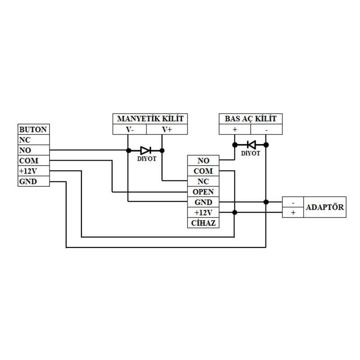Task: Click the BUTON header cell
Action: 33,130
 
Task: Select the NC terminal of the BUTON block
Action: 33,140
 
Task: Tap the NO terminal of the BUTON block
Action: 33,150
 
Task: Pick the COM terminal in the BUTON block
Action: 33,161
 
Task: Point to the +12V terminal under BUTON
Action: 33,171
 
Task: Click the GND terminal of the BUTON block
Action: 33,181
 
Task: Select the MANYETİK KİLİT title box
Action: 150,119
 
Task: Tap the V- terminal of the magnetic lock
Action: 130,130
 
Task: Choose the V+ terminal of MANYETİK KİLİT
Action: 167,130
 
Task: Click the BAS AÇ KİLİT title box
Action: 251,119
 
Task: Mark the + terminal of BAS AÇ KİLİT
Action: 235,130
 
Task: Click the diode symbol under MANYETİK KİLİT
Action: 145,150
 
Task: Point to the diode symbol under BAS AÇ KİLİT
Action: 251,145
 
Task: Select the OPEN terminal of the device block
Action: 203,192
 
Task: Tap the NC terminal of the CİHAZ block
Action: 203,181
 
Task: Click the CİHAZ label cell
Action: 203,223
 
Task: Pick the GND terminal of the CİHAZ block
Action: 203,202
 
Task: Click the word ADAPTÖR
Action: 325,207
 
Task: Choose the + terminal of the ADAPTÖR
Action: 293,212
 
